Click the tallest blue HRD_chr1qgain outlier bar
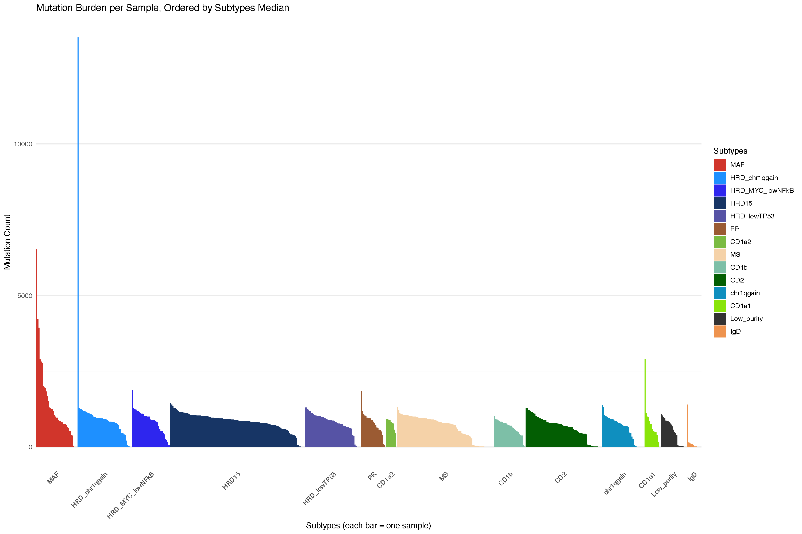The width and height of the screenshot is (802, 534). (78, 238)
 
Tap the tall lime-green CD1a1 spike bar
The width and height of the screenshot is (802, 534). (645, 402)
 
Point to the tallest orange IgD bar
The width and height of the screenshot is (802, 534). (687, 426)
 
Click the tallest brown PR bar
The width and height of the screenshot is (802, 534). (361, 419)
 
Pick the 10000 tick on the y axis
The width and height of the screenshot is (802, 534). (23, 144)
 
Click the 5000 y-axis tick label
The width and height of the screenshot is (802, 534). (25, 296)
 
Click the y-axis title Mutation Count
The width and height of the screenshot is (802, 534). (7, 242)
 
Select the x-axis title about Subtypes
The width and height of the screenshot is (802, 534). (368, 525)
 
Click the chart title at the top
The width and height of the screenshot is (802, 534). (162, 8)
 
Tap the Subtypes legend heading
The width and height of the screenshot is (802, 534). (730, 151)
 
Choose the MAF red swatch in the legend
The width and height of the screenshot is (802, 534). (720, 165)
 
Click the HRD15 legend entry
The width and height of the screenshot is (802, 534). (741, 203)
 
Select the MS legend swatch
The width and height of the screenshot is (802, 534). (720, 254)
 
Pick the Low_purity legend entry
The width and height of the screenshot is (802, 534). (746, 319)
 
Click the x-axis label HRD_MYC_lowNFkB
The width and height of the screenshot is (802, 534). (131, 496)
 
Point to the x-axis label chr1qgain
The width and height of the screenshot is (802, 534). (615, 483)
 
